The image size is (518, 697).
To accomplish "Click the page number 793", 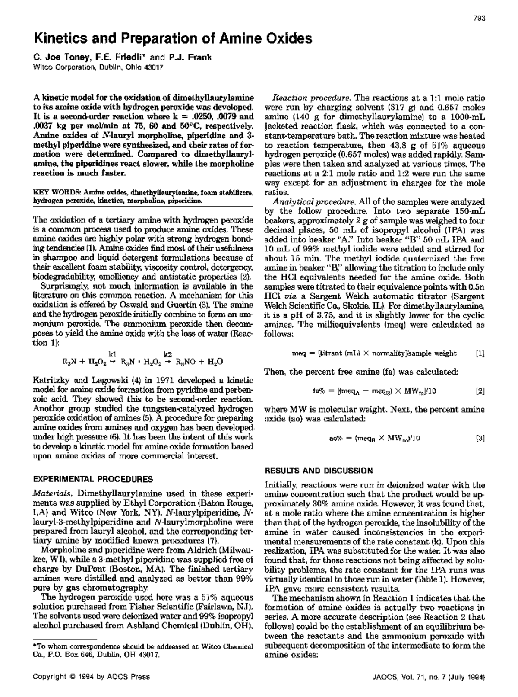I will pyautogui.click(x=480, y=18).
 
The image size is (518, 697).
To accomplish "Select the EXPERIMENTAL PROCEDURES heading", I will pyautogui.click(x=93, y=479).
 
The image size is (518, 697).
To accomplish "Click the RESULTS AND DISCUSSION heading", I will pyautogui.click(x=319, y=471).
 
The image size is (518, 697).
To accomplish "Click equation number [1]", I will pyautogui.click(x=480, y=353).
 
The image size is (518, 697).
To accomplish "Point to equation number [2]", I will pyautogui.click(x=480, y=391).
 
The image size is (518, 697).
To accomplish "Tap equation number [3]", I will pyautogui.click(x=480, y=439).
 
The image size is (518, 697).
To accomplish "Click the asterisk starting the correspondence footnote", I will pyautogui.click(x=35, y=646).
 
